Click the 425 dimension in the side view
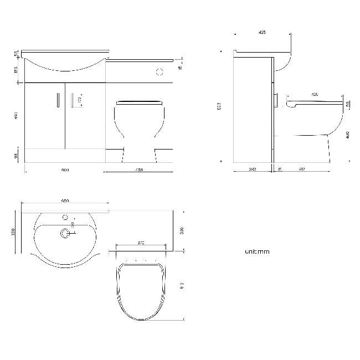point(263,33)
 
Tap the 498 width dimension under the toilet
point(139,169)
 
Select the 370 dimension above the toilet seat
point(141,243)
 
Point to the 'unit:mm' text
point(257,251)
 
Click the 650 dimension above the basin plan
point(64,201)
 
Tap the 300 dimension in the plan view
point(181,230)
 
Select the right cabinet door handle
point(73,100)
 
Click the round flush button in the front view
point(160,71)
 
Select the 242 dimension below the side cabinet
point(252,169)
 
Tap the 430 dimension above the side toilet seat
point(315,95)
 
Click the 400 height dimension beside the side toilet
point(347,134)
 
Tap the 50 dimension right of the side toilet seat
point(347,104)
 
